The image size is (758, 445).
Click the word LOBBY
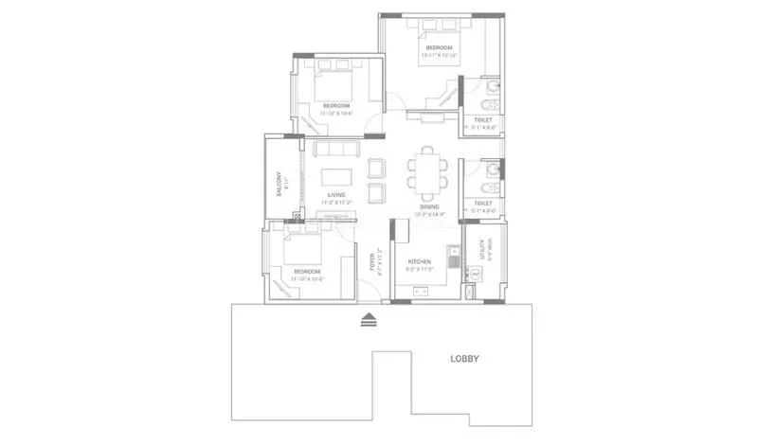(464, 359)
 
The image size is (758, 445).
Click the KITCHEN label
(419, 261)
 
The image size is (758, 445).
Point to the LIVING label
(334, 195)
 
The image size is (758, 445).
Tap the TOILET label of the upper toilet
(483, 120)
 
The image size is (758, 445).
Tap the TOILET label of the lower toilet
(482, 203)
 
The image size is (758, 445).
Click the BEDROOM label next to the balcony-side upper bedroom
(336, 105)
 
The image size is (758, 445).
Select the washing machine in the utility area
(476, 275)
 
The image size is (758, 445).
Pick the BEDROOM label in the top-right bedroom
(438, 47)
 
